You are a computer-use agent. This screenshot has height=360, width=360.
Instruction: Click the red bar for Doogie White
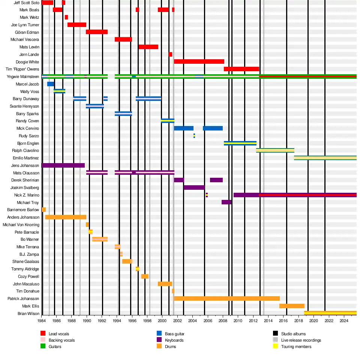point(199,61)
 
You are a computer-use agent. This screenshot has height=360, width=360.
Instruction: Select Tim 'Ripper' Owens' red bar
point(241,69)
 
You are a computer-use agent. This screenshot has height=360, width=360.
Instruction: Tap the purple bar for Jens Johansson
point(63,165)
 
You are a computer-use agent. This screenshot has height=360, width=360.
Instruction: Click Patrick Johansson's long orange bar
point(226,298)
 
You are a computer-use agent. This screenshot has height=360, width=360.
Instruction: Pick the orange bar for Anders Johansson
point(66,217)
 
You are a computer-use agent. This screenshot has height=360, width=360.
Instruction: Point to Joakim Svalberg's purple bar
point(194,187)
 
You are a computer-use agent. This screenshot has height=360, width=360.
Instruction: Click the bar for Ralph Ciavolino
point(275,150)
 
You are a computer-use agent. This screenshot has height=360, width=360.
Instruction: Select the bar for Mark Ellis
point(292,306)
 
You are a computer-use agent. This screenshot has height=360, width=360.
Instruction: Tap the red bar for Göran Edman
point(97,32)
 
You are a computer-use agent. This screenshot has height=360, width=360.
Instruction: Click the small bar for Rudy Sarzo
point(194,136)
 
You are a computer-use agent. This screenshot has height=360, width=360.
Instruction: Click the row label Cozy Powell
point(28,276)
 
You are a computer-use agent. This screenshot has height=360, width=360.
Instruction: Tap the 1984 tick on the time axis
point(42,321)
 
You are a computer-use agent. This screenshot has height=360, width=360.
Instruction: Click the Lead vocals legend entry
point(59,334)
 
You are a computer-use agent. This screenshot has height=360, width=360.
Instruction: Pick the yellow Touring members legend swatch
point(275,346)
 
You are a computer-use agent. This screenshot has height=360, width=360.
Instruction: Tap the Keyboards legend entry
point(174,340)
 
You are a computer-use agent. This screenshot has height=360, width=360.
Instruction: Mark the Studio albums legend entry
point(293,334)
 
